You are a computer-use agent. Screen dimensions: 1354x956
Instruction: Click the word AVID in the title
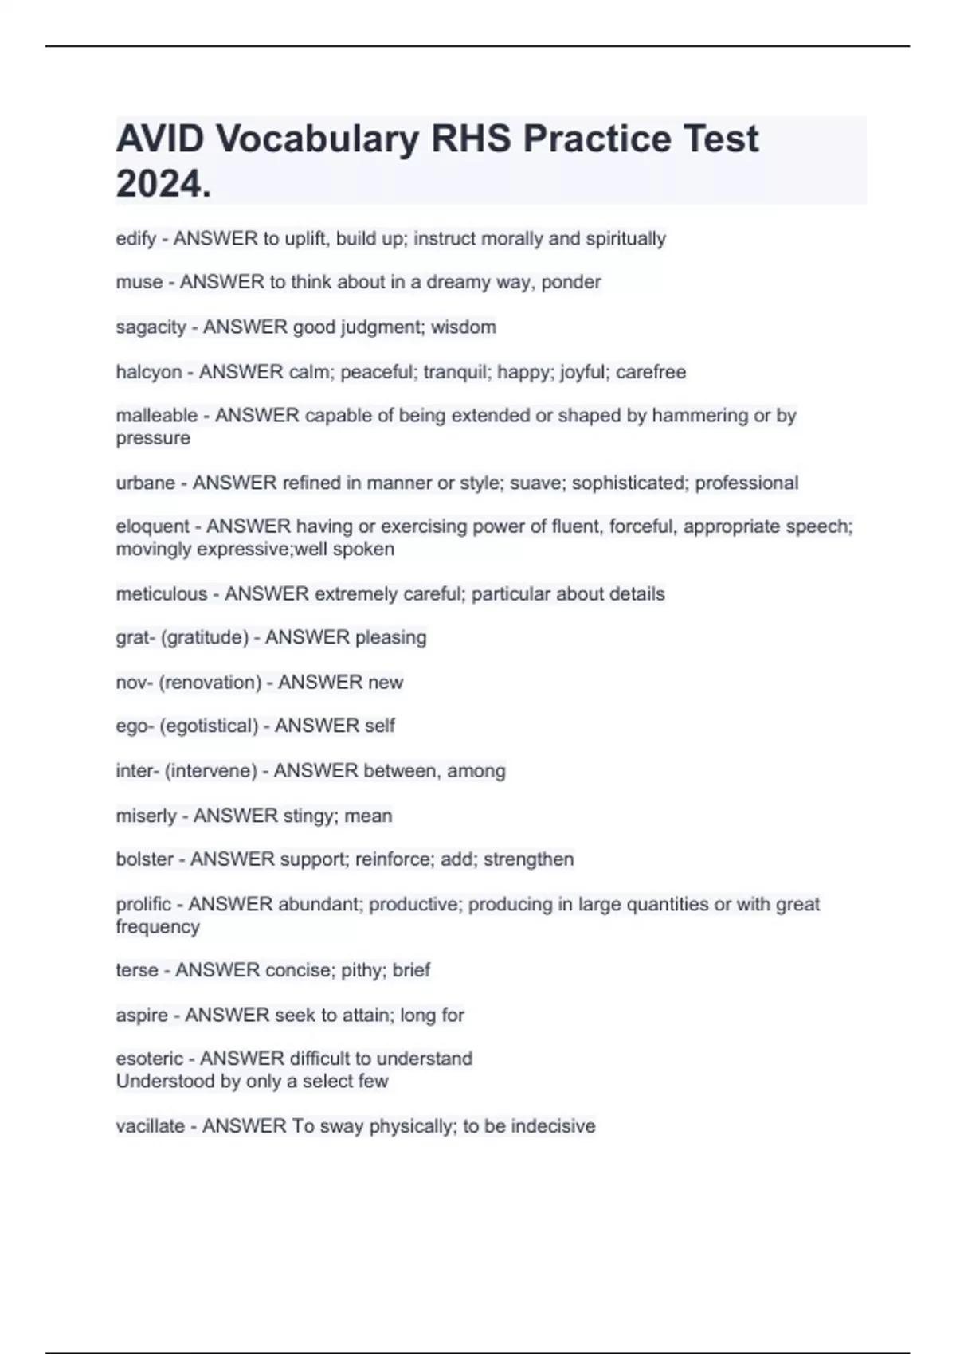160,139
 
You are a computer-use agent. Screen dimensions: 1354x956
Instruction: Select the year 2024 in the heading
159,184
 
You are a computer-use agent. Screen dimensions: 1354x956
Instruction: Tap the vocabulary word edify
135,239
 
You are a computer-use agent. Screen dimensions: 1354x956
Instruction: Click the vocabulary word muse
139,282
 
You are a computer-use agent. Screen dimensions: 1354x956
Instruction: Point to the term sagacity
151,327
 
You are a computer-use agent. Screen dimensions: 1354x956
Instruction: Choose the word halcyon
149,372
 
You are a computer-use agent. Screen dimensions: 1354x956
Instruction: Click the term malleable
156,416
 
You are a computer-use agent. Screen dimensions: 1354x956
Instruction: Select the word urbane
145,483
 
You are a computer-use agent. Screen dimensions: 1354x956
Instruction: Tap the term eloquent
153,526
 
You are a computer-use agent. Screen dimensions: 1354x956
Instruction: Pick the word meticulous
162,594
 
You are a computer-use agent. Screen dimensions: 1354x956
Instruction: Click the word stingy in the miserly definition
311,816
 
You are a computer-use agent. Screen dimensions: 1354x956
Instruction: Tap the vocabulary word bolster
144,859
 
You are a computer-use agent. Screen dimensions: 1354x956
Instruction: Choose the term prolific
143,905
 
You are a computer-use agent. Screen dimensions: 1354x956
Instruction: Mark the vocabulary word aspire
142,1015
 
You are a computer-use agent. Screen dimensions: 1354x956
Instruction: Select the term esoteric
149,1059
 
